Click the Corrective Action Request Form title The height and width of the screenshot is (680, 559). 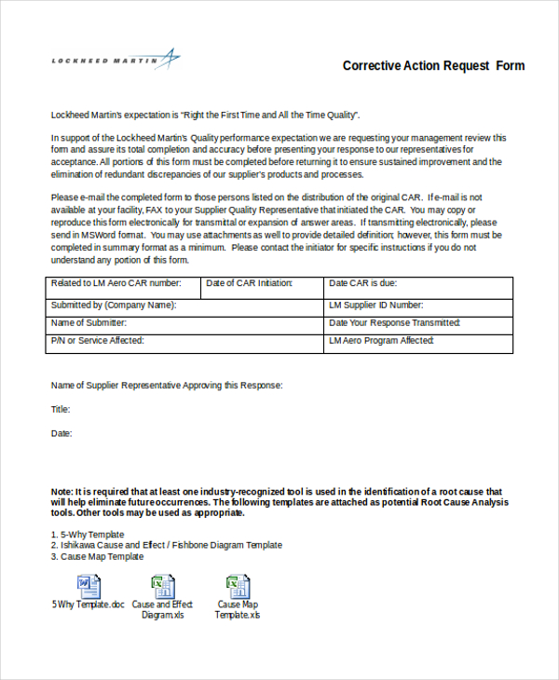point(433,66)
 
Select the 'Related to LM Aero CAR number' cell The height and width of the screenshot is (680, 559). point(123,284)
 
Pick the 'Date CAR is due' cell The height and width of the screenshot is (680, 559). point(418,284)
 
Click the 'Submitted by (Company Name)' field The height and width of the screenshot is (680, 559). point(184,306)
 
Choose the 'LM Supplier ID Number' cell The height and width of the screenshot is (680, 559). point(418,306)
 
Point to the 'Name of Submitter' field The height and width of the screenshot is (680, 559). point(184,323)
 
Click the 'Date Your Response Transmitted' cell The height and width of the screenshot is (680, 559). point(418,323)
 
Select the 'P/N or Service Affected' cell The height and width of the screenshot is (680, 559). point(184,342)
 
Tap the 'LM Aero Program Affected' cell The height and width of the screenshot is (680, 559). point(418,342)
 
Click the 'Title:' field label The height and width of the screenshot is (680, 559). point(61,409)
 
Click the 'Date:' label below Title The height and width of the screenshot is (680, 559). point(61,433)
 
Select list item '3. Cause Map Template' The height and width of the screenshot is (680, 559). point(97,556)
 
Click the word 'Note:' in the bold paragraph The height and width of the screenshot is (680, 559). point(61,491)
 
